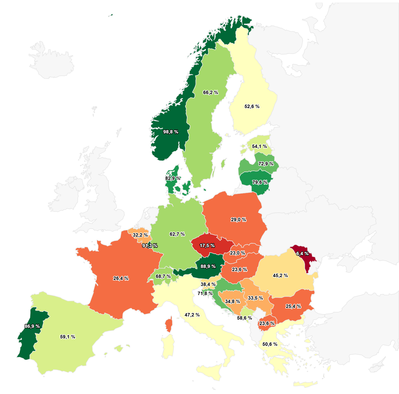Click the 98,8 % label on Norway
point(171,132)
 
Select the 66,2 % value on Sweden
point(210,92)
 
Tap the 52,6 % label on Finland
point(252,106)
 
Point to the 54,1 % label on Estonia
point(259,146)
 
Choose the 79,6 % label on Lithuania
point(260,182)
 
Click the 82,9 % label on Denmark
point(173,178)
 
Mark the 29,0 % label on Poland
point(238,220)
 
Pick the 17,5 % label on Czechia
point(207,245)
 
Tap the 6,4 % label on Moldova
point(302,253)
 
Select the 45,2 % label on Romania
point(280,275)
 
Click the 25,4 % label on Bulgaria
point(293,306)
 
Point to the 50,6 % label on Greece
point(270,344)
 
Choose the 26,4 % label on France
point(121,278)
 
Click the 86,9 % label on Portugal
point(32,326)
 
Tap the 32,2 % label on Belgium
point(140,235)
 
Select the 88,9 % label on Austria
point(208,266)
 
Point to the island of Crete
point(305,384)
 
